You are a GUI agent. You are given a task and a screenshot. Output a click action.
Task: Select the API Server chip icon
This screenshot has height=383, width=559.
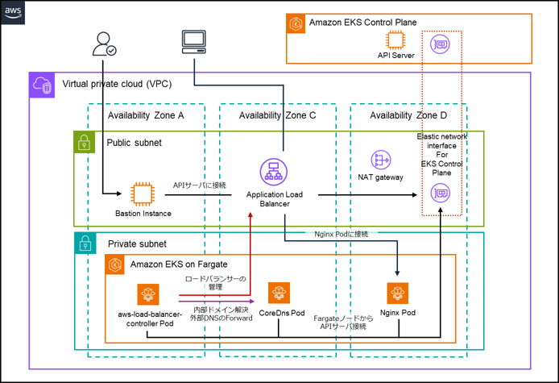(x=395, y=40)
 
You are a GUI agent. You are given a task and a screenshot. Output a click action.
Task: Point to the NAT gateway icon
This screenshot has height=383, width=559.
(x=381, y=160)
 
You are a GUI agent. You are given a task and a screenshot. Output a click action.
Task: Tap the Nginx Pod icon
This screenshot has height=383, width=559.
(x=399, y=293)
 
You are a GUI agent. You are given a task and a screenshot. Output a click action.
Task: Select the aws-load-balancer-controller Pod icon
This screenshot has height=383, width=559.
(x=146, y=293)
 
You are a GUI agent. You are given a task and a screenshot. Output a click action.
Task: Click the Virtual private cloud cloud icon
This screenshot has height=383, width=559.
(x=41, y=84)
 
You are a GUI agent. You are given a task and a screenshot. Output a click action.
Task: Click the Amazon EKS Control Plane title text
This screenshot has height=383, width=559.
(x=362, y=22)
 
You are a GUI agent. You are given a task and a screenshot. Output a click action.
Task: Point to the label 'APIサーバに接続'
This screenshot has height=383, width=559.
(x=200, y=185)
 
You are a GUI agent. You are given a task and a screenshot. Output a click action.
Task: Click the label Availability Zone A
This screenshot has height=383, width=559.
(x=146, y=116)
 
